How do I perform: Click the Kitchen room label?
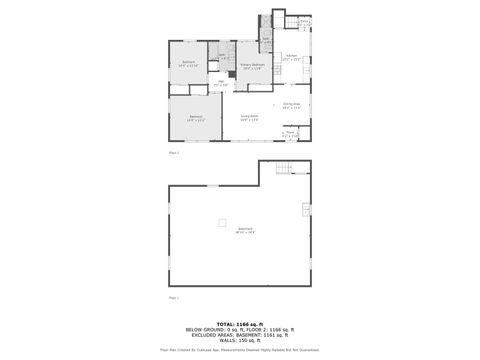291,58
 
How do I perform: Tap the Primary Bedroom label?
252,66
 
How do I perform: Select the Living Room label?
249,117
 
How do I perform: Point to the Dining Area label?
291,105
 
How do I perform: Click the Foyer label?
290,132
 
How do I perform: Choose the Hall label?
221,85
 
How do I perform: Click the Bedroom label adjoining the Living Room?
196,118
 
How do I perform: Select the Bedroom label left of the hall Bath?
189,64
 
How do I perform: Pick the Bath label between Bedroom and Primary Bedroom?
222,56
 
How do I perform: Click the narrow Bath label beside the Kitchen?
267,41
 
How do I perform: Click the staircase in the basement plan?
286,167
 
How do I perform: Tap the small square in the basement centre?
223,221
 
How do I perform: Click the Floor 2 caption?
174,152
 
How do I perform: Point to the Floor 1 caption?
174,297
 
